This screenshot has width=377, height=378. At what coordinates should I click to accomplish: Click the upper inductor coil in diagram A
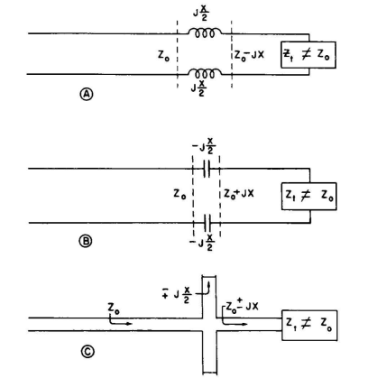tap(205, 32)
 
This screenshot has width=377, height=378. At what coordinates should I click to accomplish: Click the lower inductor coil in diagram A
tap(205, 73)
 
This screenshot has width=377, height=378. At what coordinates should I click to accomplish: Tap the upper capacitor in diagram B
tap(207, 169)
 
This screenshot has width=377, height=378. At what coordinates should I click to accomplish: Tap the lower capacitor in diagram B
tap(207, 223)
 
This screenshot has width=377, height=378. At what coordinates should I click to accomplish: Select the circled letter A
tap(87, 95)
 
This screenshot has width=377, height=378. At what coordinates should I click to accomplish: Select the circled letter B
tap(86, 241)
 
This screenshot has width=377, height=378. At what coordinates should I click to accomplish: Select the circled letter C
tap(87, 352)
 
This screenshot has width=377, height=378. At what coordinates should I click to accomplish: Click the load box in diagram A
tap(308, 55)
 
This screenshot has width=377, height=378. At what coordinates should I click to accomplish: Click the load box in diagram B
tap(308, 196)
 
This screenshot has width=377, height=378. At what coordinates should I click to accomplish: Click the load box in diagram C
tap(309, 326)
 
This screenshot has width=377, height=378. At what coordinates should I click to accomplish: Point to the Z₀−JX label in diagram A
tap(249, 55)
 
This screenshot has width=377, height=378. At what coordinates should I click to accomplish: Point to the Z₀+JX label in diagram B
tap(239, 193)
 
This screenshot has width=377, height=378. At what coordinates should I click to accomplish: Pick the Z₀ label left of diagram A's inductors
tap(163, 56)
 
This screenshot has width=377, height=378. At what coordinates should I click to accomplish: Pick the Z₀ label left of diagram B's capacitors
tap(179, 194)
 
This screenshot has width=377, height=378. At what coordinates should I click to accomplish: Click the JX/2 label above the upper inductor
tap(201, 13)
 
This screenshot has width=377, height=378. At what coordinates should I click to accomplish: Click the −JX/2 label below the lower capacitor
tap(202, 243)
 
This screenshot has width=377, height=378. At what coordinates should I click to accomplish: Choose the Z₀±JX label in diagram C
tap(242, 307)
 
